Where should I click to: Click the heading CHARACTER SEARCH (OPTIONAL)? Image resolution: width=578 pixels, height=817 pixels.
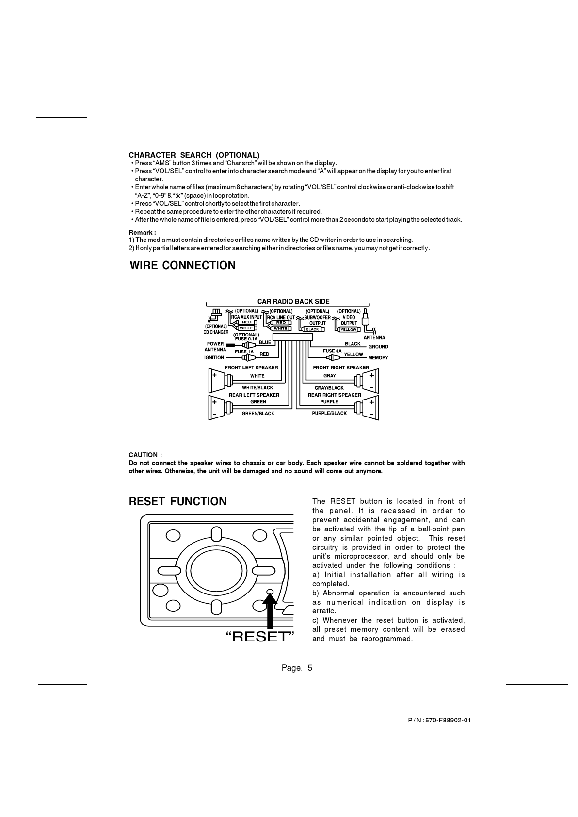pyautogui.click(x=194, y=155)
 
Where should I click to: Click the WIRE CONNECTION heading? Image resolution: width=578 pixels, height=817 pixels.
pyautogui.click(x=183, y=265)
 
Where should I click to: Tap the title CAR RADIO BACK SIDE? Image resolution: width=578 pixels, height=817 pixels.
pyautogui.click(x=293, y=301)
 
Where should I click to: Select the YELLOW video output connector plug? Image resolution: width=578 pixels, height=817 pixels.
pyautogui.click(x=348, y=329)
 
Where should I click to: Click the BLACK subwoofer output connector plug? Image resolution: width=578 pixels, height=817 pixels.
pyautogui.click(x=313, y=329)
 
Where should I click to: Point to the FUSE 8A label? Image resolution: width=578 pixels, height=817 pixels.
pyautogui.click(x=332, y=351)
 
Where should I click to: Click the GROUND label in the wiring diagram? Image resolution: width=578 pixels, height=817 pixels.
pyautogui.click(x=378, y=347)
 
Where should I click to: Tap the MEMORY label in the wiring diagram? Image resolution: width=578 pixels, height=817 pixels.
pyautogui.click(x=378, y=358)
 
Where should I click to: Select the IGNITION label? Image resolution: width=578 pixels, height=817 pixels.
pyautogui.click(x=214, y=358)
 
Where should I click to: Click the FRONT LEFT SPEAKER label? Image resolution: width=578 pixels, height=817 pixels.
pyautogui.click(x=251, y=368)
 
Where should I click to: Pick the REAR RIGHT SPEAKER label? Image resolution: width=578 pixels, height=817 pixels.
pyautogui.click(x=335, y=395)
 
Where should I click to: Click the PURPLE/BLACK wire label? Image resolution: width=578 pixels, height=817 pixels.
pyautogui.click(x=329, y=413)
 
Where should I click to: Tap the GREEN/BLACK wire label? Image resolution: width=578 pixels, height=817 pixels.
pyautogui.click(x=258, y=414)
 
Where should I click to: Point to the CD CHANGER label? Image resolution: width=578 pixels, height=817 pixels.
pyautogui.click(x=216, y=332)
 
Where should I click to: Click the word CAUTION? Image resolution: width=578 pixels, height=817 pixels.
pyautogui.click(x=143, y=455)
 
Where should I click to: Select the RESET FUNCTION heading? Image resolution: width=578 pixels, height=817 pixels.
pyautogui.click(x=177, y=501)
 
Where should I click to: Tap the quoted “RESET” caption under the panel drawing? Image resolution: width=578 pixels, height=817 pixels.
pyautogui.click(x=260, y=637)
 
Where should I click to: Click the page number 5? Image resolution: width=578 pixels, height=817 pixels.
pyautogui.click(x=310, y=668)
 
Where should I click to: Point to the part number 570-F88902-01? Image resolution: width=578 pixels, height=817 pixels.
pyautogui.click(x=448, y=721)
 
